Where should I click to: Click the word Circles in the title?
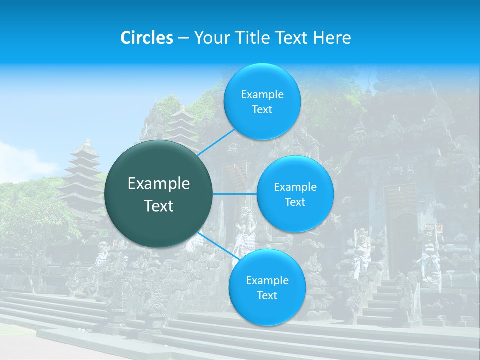pos(147,38)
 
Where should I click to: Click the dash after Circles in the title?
pos(183,38)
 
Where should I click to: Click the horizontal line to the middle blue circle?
pos(235,194)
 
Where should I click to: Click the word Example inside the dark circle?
pos(159,184)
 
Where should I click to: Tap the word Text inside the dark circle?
pos(159,205)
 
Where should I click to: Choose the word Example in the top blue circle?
pos(262,95)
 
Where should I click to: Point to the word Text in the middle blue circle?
pos(295,202)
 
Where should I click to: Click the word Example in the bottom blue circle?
pos(267,280)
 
